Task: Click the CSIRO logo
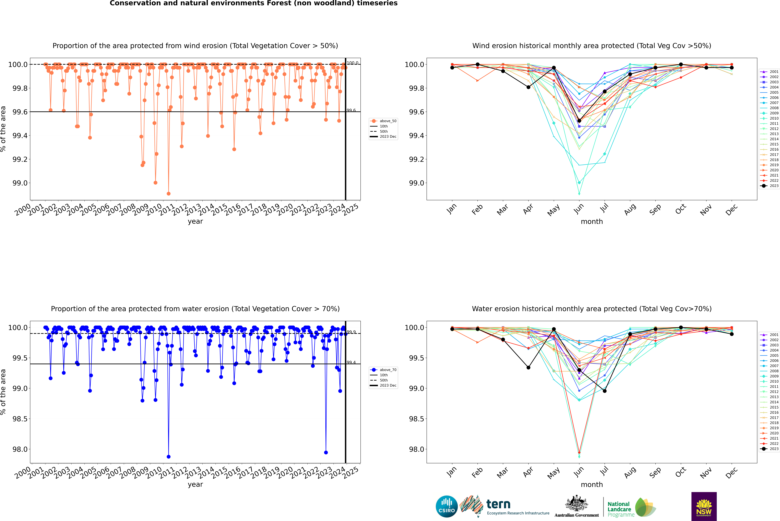447,506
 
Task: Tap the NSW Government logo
704,506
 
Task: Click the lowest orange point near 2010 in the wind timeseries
169,194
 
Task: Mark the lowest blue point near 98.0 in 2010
169,457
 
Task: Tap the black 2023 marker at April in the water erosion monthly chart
528,367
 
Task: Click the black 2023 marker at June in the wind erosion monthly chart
579,121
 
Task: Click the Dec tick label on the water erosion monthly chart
731,472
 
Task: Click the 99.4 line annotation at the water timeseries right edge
351,363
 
